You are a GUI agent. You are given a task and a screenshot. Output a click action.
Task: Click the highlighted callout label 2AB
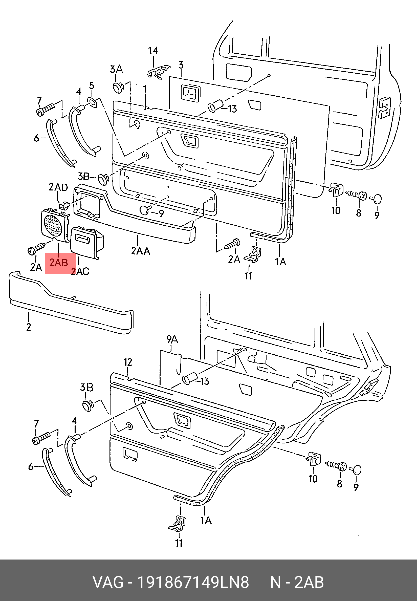click(58, 263)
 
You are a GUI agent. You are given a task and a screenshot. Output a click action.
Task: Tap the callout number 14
click(153, 50)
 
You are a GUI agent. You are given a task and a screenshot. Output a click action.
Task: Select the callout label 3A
click(116, 70)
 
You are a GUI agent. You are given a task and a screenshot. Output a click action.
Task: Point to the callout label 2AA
click(141, 251)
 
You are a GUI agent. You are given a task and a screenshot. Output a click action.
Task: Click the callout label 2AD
click(58, 187)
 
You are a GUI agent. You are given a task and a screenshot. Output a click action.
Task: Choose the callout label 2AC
click(80, 271)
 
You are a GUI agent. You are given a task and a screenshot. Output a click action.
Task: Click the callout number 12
click(128, 362)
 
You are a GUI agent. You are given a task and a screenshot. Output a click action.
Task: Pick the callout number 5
click(92, 85)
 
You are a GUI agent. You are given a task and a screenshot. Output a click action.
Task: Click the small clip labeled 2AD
click(64, 205)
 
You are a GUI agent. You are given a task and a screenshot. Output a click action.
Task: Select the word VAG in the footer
click(108, 583)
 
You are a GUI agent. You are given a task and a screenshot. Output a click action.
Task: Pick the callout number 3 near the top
click(181, 65)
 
